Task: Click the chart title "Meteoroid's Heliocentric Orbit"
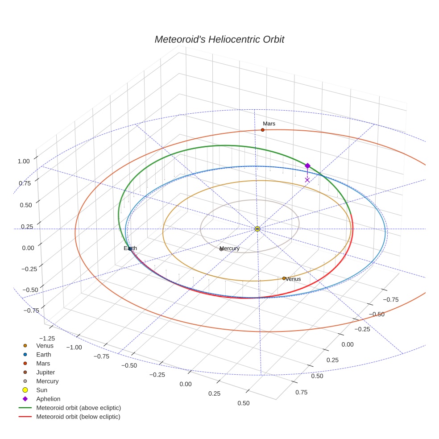pyautogui.click(x=219, y=39)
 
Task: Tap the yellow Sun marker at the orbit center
pyautogui.click(x=257, y=229)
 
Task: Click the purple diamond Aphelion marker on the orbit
pyautogui.click(x=307, y=166)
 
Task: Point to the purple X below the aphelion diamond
pyautogui.click(x=307, y=180)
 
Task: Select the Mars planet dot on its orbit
pyautogui.click(x=263, y=130)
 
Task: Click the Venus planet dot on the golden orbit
pyautogui.click(x=284, y=278)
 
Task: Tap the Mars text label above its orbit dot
pyautogui.click(x=269, y=124)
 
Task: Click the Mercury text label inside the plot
pyautogui.click(x=230, y=248)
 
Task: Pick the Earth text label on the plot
pyautogui.click(x=130, y=248)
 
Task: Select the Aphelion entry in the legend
pyautogui.click(x=48, y=399)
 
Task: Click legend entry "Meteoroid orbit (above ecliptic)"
pyautogui.click(x=78, y=408)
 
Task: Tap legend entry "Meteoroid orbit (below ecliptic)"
pyautogui.click(x=78, y=417)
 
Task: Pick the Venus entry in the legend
pyautogui.click(x=45, y=345)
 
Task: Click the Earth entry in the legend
pyautogui.click(x=44, y=354)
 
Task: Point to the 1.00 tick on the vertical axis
pyautogui.click(x=23, y=161)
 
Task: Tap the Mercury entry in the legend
pyautogui.click(x=47, y=381)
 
